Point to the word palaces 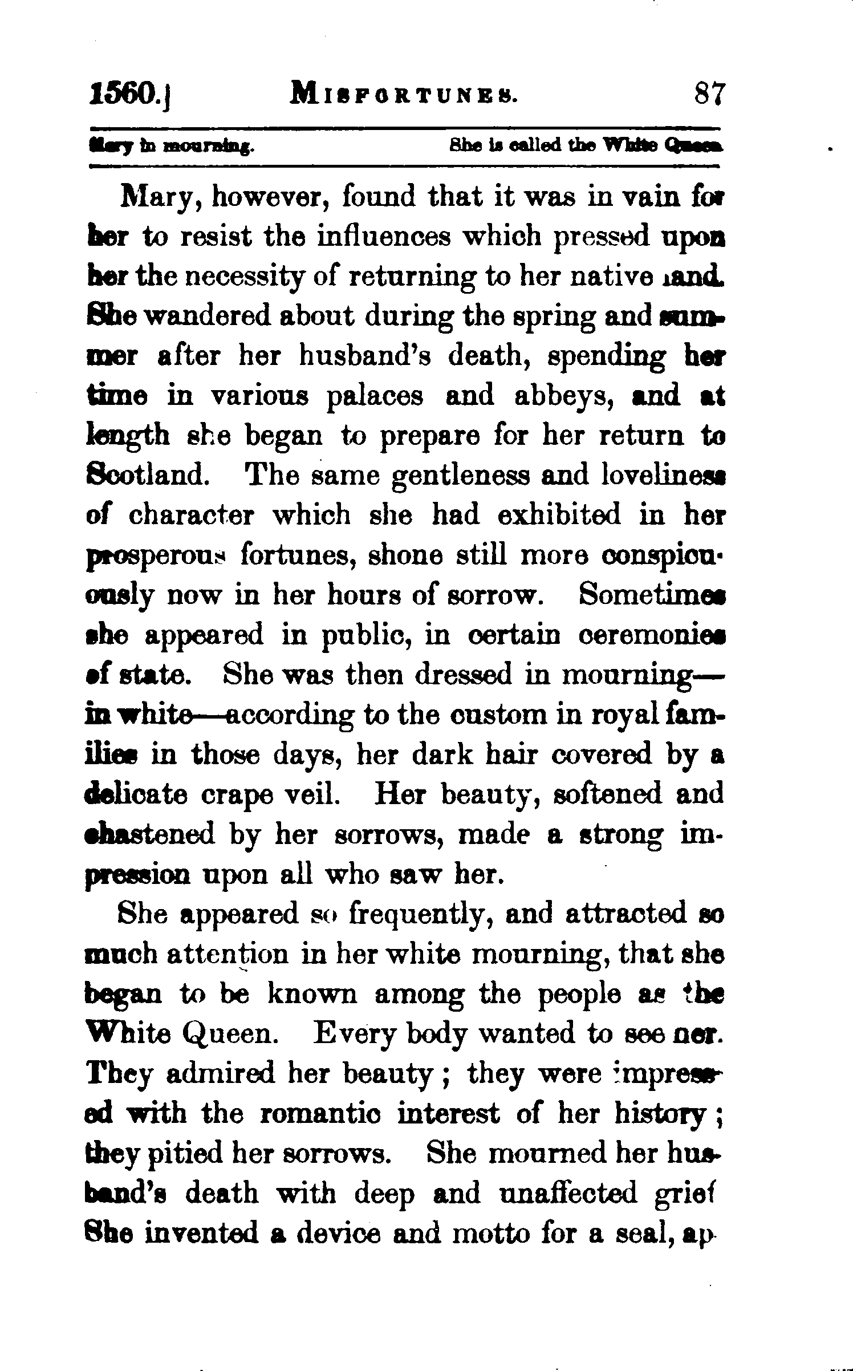pos(375,396)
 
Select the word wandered pos(207,317)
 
